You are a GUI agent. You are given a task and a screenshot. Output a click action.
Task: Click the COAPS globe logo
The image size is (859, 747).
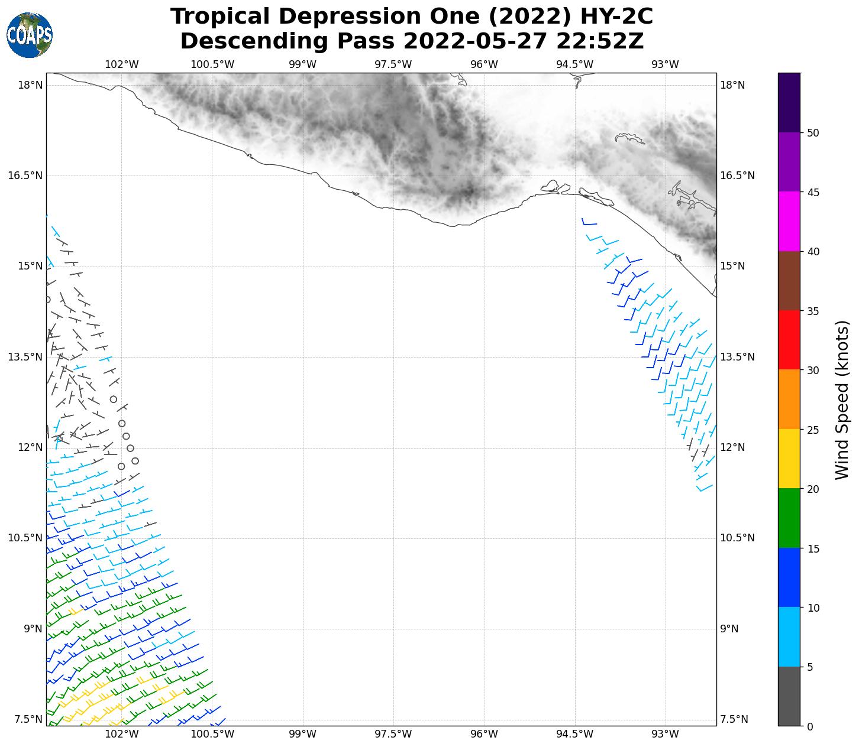pyautogui.click(x=30, y=35)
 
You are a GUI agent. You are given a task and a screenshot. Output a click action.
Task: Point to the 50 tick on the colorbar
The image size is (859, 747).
pyautogui.click(x=813, y=133)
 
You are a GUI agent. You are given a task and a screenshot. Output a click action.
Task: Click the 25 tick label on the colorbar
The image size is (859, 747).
pyautogui.click(x=813, y=430)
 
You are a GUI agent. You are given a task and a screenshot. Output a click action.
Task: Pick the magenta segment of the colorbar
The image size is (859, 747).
pyautogui.click(x=789, y=222)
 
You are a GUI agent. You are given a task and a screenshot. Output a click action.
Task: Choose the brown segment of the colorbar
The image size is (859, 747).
pyautogui.click(x=789, y=281)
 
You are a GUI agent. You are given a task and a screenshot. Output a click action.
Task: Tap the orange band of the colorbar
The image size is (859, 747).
pyautogui.click(x=789, y=400)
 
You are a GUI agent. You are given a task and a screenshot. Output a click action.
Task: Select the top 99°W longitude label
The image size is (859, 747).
pyautogui.click(x=302, y=64)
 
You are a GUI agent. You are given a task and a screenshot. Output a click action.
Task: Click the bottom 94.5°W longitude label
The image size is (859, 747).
pyautogui.click(x=574, y=734)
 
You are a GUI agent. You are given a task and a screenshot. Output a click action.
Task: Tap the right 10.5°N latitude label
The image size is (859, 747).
pyautogui.click(x=737, y=538)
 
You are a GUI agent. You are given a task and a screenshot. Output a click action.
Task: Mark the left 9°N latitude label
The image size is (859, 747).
pyautogui.click(x=33, y=629)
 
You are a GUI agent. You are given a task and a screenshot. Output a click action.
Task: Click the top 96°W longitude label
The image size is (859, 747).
pyautogui.click(x=484, y=64)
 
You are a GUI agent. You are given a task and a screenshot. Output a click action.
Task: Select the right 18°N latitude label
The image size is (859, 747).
pyautogui.click(x=732, y=85)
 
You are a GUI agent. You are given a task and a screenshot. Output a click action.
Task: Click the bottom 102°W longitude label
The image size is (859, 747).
pyautogui.click(x=121, y=734)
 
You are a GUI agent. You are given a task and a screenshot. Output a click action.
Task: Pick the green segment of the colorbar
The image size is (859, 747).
pyautogui.click(x=789, y=518)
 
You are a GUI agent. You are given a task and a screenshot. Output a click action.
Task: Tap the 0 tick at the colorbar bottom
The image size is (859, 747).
pyautogui.click(x=810, y=727)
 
